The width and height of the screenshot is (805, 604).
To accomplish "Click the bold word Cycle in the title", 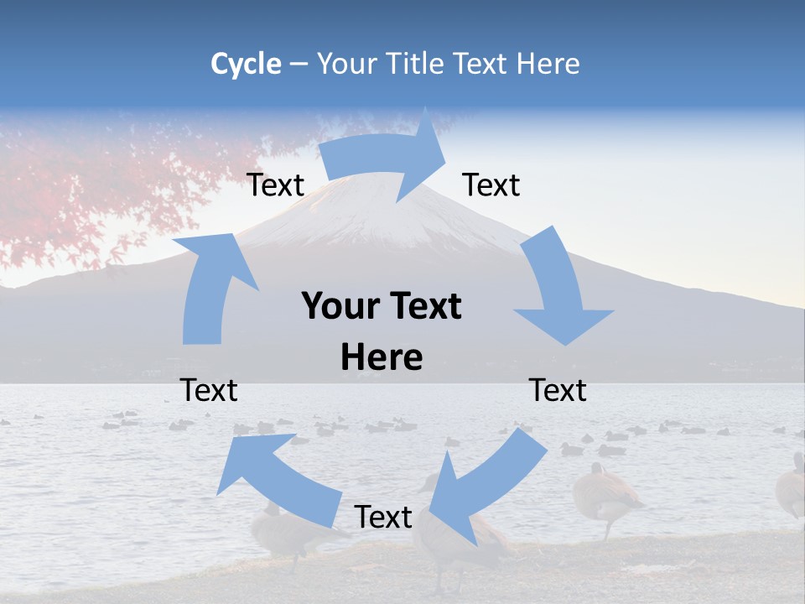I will (x=246, y=64).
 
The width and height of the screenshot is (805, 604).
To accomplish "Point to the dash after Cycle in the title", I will (x=299, y=65).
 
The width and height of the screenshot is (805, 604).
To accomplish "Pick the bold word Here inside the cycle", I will (x=382, y=358).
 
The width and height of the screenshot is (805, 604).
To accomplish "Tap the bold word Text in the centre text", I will (x=424, y=307).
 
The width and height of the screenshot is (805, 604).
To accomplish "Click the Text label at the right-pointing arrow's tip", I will (x=491, y=185).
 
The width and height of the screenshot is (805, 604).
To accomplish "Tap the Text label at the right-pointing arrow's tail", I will (x=275, y=185).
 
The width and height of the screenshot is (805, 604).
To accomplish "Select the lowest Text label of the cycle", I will (x=383, y=518).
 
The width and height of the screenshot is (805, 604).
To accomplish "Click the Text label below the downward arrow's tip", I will (x=558, y=390).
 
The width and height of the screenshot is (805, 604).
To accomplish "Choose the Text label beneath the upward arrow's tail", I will (x=210, y=390).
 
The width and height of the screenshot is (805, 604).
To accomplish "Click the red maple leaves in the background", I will (x=84, y=185).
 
